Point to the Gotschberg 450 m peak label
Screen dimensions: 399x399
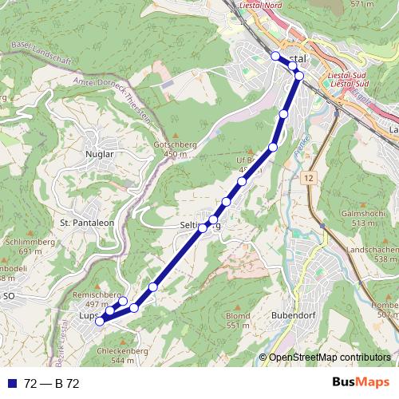pyautogui.click(x=170, y=149)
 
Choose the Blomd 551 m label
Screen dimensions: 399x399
pyautogui.click(x=238, y=321)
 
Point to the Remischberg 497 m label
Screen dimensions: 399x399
pyautogui.click(x=95, y=299)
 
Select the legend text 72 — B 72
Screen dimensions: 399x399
pyautogui.click(x=51, y=383)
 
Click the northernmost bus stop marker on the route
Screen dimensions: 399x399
pyautogui.click(x=275, y=56)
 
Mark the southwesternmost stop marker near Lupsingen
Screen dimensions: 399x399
pyautogui.click(x=100, y=321)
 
